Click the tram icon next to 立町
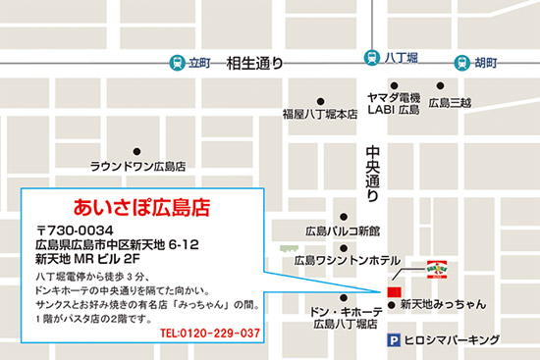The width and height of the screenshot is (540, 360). click(x=176, y=61)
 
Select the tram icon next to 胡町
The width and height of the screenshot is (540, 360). click(x=461, y=61)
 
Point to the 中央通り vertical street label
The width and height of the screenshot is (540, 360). click(x=372, y=175)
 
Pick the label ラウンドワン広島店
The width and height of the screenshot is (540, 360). click(x=138, y=167)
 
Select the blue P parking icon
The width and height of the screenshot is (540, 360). click(x=395, y=341)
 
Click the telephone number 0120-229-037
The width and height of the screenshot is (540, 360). click(x=208, y=334)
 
